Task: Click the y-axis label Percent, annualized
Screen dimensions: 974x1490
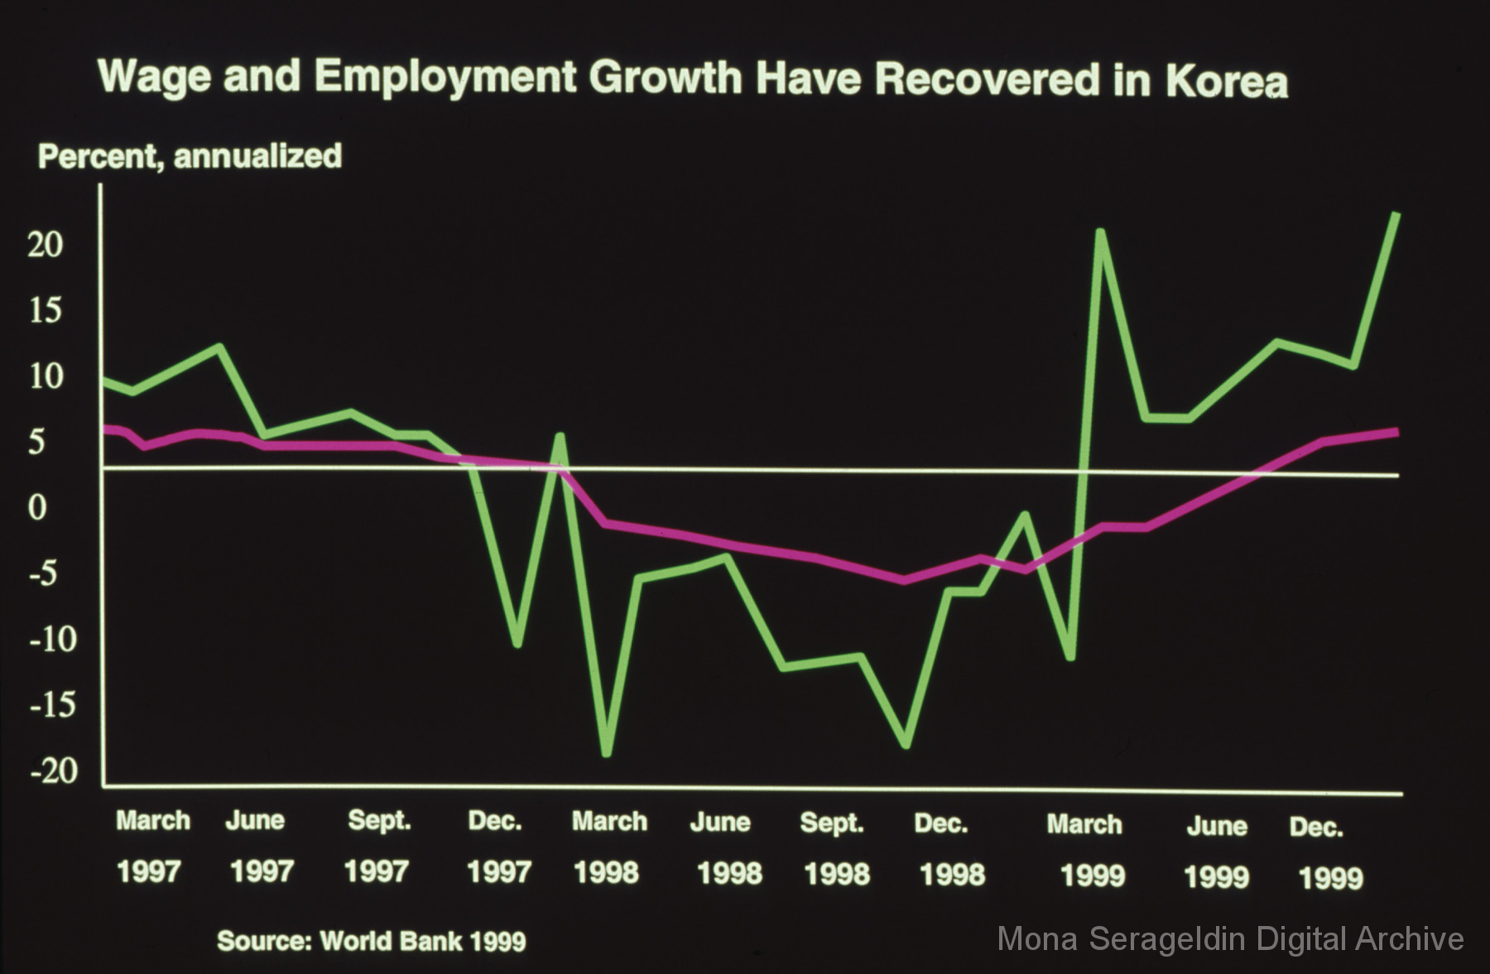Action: [x=190, y=156]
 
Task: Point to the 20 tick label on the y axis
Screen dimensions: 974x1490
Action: [x=46, y=244]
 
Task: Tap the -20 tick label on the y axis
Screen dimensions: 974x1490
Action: [x=53, y=770]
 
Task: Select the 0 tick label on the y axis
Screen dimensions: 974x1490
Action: [x=38, y=507]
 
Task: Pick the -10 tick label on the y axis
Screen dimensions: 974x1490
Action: [x=53, y=639]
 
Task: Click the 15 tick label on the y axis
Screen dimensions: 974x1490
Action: [x=46, y=310]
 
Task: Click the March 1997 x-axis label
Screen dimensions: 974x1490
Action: [x=151, y=846]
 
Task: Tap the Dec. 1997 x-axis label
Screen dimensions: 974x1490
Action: [x=497, y=847]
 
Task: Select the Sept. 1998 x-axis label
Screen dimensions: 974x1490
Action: [x=834, y=849]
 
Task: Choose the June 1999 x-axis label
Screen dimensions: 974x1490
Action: [x=1216, y=852]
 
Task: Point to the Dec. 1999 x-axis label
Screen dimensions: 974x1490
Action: [x=1323, y=852]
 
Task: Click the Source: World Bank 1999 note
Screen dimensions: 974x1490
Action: [x=371, y=941]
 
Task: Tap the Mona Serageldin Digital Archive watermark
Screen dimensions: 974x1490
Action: [x=1230, y=939]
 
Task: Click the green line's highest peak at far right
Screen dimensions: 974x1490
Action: [x=1396, y=216]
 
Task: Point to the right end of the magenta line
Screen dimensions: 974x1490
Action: [x=1396, y=432]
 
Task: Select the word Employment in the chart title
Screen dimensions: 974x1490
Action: [x=445, y=77]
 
